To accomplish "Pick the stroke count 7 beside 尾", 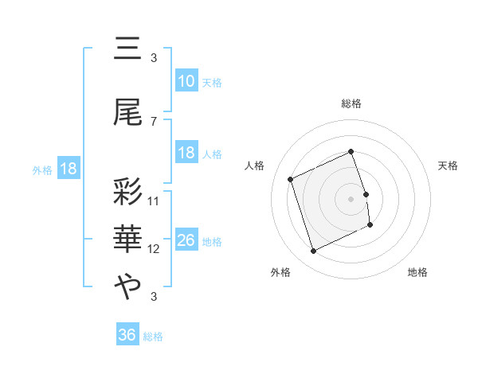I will (x=154, y=122).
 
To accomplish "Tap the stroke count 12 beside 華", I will (x=154, y=249).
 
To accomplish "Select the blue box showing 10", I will (x=186, y=81).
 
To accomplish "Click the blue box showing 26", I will (x=186, y=240).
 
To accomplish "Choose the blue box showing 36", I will (x=127, y=335).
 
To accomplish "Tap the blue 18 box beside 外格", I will (x=68, y=169).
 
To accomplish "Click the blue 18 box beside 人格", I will (x=186, y=153).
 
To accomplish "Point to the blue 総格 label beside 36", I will (x=153, y=337).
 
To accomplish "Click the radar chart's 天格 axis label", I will (x=449, y=166).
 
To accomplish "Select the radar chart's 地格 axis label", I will (x=417, y=272).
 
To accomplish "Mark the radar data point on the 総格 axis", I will (x=351, y=152).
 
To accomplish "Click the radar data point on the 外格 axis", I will (x=314, y=251).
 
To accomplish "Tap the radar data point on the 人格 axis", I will (x=291, y=179).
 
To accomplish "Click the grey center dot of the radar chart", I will (x=351, y=198).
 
